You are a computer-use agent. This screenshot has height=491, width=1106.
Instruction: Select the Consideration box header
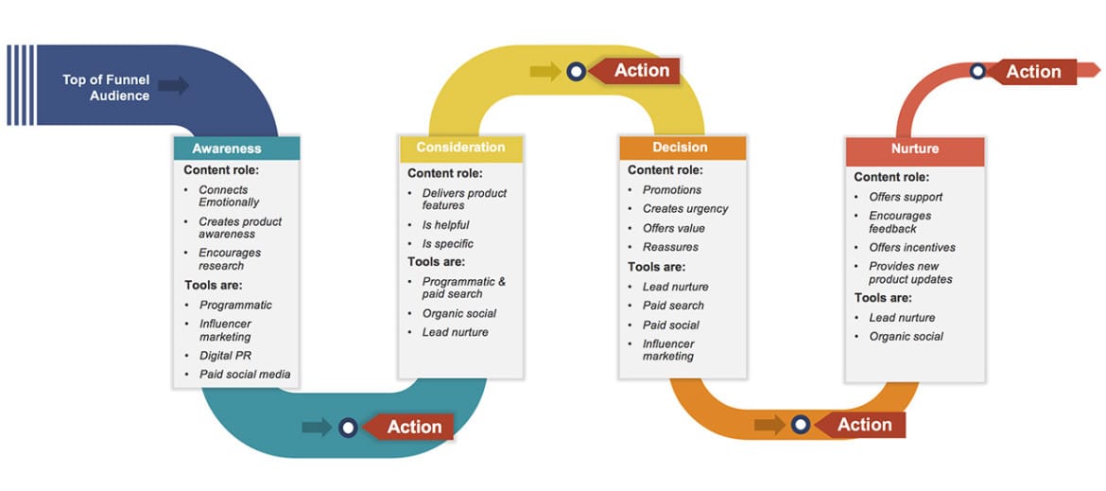click(x=460, y=148)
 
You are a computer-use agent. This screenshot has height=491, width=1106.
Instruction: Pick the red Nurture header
click(x=914, y=149)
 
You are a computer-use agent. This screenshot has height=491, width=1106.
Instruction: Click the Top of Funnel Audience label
click(x=106, y=87)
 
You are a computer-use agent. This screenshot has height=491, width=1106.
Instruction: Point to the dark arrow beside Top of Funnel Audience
click(x=173, y=86)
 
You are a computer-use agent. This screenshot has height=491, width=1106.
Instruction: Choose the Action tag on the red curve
click(x=1032, y=72)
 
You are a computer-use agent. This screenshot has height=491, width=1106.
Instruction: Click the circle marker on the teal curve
click(x=348, y=428)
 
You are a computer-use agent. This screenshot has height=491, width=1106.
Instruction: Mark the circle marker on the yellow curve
click(x=576, y=71)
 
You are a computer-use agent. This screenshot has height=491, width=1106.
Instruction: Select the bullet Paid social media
click(x=244, y=375)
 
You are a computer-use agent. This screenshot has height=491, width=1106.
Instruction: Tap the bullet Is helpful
click(x=445, y=225)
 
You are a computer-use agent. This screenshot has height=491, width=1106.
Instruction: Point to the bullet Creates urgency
click(x=684, y=209)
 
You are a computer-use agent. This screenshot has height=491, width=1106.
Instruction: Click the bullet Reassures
click(x=670, y=247)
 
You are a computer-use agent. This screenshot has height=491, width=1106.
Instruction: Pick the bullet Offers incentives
click(x=911, y=248)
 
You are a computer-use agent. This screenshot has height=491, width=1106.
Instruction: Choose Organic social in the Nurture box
click(x=906, y=337)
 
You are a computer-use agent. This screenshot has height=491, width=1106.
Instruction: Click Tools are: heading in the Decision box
click(x=656, y=267)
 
